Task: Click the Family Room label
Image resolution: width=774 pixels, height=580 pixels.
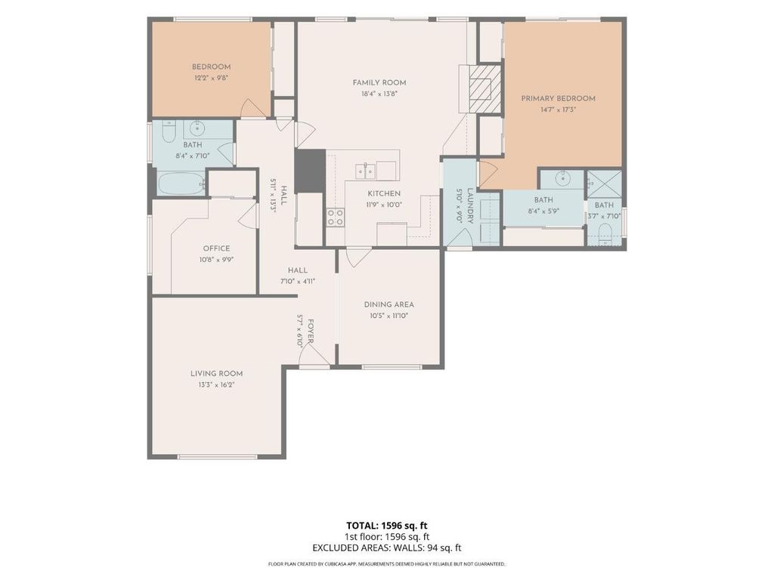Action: (379, 83)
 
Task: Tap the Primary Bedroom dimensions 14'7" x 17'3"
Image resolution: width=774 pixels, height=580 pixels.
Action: (559, 110)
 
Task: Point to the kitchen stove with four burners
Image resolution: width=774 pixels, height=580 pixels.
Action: (335, 217)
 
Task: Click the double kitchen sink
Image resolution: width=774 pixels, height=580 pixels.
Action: (365, 171)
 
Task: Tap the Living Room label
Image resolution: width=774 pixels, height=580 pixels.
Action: (217, 374)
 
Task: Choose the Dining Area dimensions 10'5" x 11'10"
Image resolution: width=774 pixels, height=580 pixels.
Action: (389, 316)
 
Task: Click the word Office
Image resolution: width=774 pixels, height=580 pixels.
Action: (217, 248)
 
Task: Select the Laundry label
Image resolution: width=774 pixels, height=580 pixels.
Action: (470, 206)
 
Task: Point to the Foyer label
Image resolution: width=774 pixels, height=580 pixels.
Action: (311, 332)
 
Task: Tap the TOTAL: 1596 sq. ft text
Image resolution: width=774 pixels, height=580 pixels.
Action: (386, 526)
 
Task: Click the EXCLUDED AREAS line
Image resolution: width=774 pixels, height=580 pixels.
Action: (386, 548)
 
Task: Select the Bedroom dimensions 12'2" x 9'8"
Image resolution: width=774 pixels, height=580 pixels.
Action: (212, 78)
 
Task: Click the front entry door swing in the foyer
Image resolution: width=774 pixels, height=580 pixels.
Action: (315, 354)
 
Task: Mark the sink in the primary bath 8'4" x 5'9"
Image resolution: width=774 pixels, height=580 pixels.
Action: (562, 178)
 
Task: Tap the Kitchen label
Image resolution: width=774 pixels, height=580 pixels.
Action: (384, 194)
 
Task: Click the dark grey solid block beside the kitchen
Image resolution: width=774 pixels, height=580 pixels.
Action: (311, 171)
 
